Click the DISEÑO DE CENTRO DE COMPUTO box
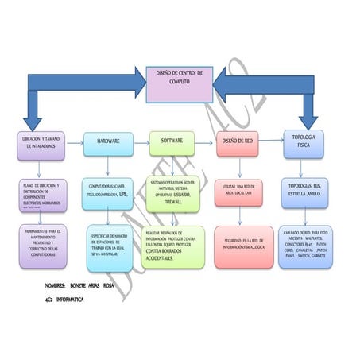[179, 84]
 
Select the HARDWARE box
[108, 142]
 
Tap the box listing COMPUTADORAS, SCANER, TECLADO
[110, 195]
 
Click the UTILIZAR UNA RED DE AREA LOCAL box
[239, 194]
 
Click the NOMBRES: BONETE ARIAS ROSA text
[79, 285]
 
